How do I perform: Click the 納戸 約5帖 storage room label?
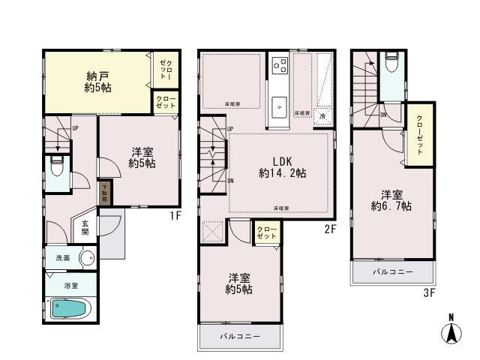pos(93,80)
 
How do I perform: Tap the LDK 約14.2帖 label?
pos(283,167)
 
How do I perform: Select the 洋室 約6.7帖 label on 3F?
pos(391,201)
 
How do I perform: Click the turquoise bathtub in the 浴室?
pos(69,308)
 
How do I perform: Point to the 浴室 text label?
pos(70,286)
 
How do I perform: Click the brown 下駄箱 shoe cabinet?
pos(106,193)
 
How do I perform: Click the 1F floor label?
pos(174,215)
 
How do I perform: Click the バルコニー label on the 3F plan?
pos(394,272)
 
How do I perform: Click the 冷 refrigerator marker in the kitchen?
pos(322,117)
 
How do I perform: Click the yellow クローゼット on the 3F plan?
pos(418,137)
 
